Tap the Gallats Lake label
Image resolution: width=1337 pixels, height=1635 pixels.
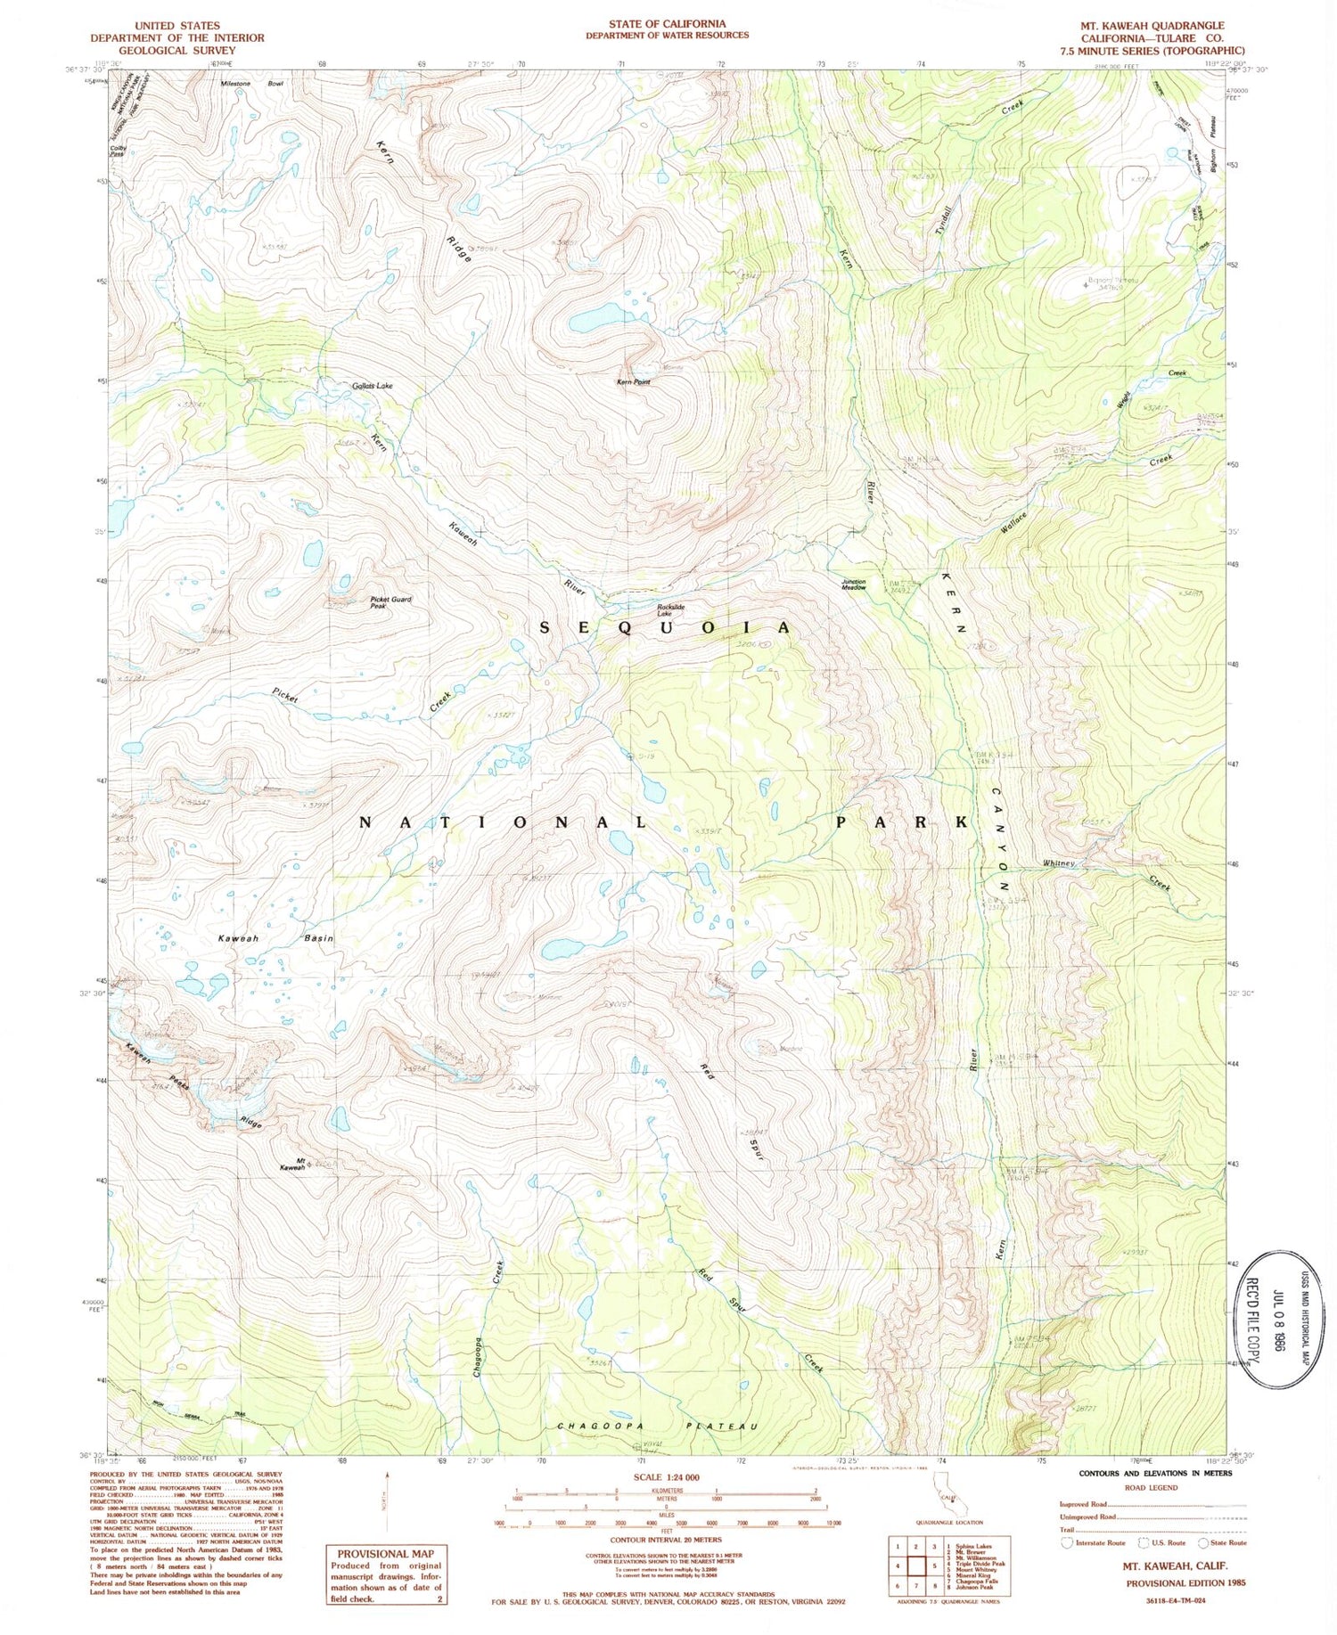(372, 386)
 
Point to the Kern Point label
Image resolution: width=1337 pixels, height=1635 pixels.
(634, 381)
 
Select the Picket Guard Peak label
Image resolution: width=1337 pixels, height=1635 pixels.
(390, 602)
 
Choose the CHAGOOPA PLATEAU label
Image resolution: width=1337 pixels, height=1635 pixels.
(657, 1427)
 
